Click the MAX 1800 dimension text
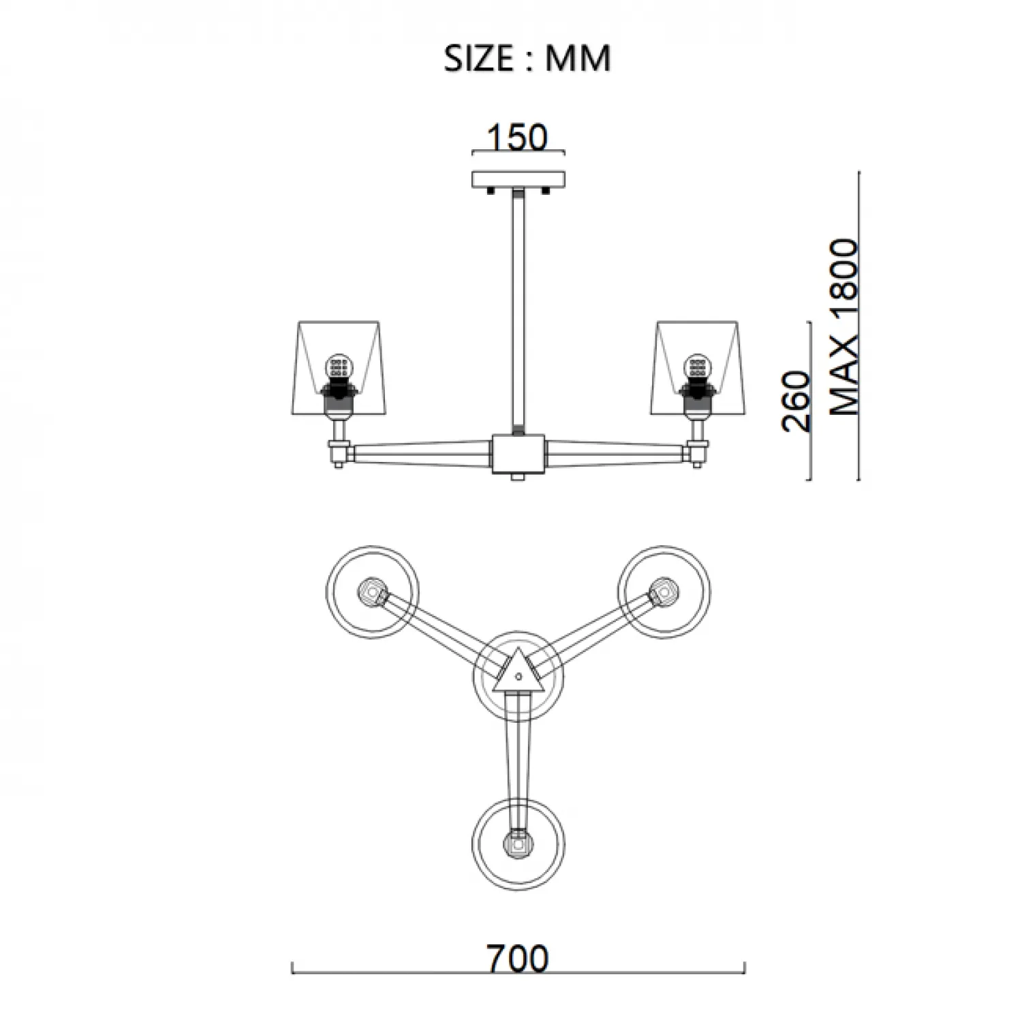tap(845, 327)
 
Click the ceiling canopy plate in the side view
tap(519, 179)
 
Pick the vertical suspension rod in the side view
tap(518, 307)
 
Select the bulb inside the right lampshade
tap(698, 369)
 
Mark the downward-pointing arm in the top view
tap(518, 756)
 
